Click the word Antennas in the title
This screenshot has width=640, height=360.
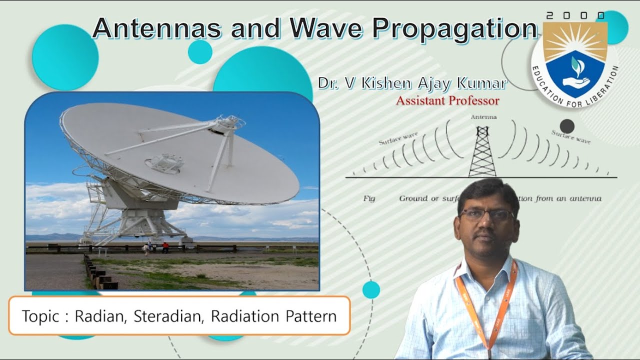(x=156, y=28)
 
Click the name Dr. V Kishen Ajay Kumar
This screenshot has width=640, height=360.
(x=412, y=83)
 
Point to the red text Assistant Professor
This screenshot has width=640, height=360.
(x=447, y=101)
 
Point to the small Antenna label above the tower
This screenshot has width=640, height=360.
(x=483, y=117)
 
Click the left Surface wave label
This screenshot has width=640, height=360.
(x=398, y=138)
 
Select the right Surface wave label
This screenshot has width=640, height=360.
(x=570, y=136)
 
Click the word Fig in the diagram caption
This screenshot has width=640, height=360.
(x=369, y=198)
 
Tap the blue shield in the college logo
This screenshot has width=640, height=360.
(x=574, y=72)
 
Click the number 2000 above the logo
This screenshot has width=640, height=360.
(x=574, y=16)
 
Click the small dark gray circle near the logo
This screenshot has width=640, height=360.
(x=566, y=126)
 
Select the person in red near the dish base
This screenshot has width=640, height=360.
(x=165, y=247)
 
